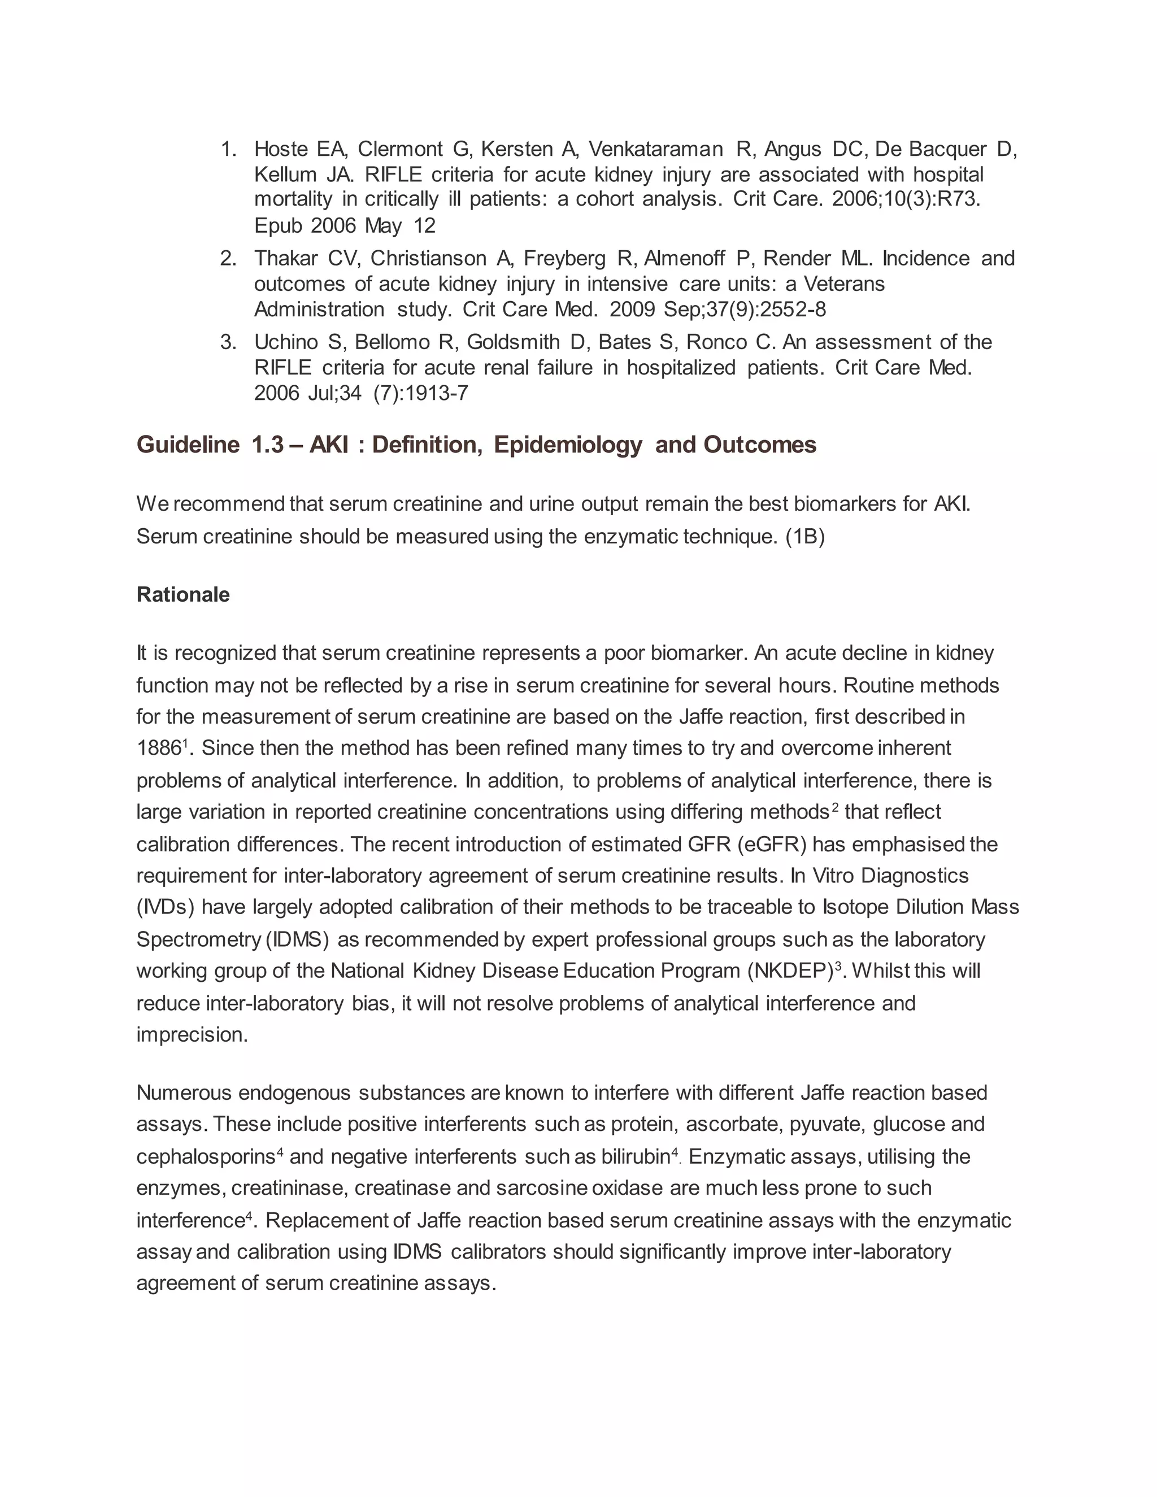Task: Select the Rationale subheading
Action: coord(183,594)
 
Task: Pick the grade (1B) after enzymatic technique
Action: coord(804,536)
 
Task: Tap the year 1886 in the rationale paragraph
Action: coord(158,748)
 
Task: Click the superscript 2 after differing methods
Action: coord(835,807)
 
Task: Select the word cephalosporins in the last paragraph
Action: coord(206,1157)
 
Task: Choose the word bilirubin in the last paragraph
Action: coord(634,1157)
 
